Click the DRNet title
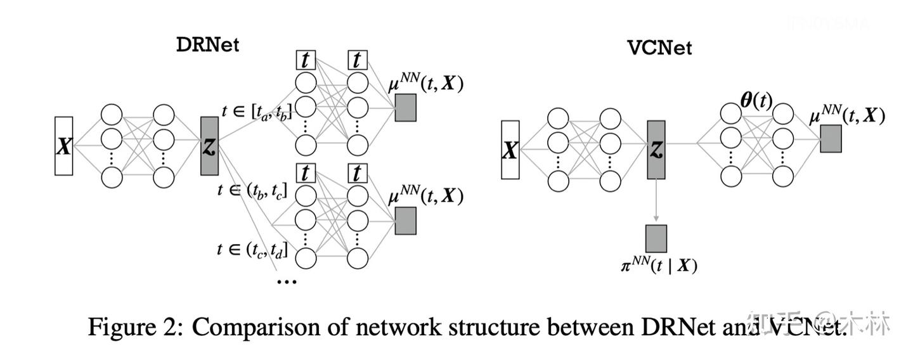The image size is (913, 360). pos(208,45)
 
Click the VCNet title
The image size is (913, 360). pos(659,48)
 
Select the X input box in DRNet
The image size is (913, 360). pos(63,146)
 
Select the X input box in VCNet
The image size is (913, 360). pos(510,150)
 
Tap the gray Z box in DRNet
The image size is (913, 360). pos(209,146)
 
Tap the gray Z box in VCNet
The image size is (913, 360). pos(656,150)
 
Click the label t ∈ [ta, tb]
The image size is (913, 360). pos(257,112)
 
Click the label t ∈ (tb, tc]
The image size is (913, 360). pos(252,190)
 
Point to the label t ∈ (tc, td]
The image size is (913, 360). pos(252,249)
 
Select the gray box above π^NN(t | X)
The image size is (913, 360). pos(656,238)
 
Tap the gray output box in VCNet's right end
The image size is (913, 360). pos(831,138)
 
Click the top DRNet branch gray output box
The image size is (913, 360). pos(405,108)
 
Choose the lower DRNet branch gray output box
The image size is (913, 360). pos(405,221)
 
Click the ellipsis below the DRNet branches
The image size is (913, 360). pos(287,280)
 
